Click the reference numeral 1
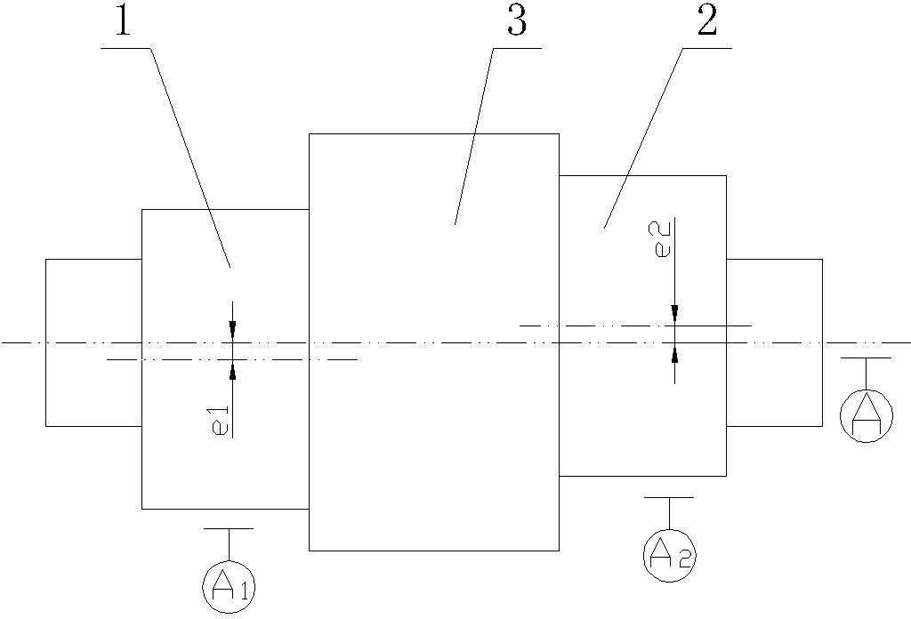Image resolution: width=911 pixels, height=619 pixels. (x=122, y=20)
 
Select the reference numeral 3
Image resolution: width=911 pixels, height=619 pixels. (x=517, y=20)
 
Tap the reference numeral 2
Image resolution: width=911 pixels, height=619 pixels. (x=707, y=20)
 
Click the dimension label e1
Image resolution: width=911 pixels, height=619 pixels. (x=222, y=421)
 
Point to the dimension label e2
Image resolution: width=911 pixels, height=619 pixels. (x=663, y=237)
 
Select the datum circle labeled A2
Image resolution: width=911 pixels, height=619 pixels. (x=669, y=555)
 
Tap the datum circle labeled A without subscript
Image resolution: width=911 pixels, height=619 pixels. (x=867, y=415)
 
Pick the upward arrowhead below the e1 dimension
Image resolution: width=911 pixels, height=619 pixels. (x=232, y=370)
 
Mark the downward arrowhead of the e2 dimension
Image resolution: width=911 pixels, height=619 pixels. (x=674, y=316)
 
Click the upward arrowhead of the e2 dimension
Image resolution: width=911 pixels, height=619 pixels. (x=674, y=353)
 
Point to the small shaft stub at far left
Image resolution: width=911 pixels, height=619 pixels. (x=94, y=342)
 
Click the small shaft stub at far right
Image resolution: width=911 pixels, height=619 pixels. (x=775, y=342)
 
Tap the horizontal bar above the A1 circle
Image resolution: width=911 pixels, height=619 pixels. (x=229, y=528)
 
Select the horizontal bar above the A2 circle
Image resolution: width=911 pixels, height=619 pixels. (x=669, y=498)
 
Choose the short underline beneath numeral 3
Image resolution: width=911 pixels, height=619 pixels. (x=517, y=48)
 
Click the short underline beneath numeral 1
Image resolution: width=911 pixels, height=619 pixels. (x=126, y=48)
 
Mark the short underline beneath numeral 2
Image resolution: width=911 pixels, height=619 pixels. (x=706, y=48)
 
